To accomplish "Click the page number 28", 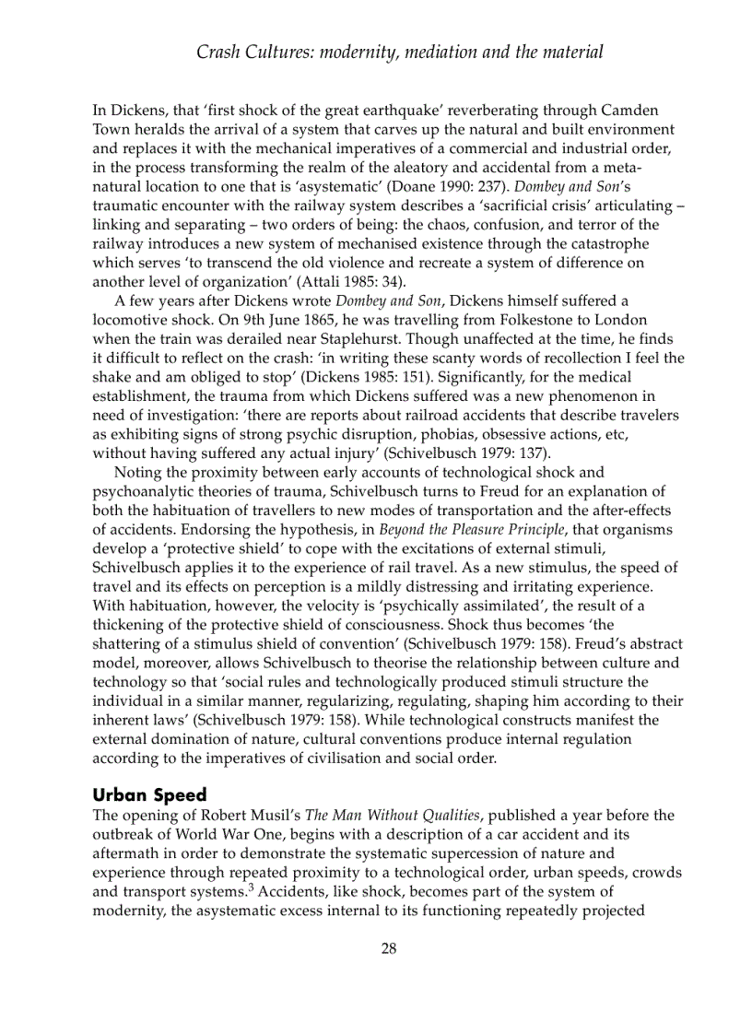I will coord(389,949).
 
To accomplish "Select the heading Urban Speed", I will coord(149,795).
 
